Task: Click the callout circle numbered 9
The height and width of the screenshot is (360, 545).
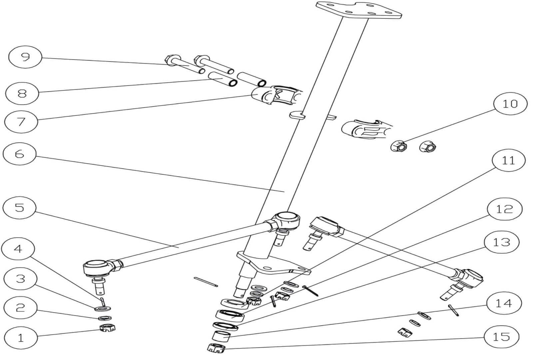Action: point(25,58)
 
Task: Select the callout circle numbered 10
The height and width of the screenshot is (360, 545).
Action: point(510,104)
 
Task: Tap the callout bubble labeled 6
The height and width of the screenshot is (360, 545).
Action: point(19,154)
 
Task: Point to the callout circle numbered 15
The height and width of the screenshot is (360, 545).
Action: point(501,337)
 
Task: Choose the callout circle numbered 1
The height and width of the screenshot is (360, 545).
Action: point(21,338)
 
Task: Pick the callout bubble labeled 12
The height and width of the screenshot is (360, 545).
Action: point(504,209)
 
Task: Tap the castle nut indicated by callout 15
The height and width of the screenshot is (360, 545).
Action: point(216,348)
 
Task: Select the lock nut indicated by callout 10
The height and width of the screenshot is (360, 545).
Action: point(399,146)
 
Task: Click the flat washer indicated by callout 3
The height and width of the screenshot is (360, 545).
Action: point(102,308)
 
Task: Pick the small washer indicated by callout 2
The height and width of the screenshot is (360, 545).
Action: point(106,318)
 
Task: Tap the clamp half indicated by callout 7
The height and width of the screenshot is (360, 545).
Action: point(263,95)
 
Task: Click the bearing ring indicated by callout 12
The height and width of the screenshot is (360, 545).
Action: point(230,315)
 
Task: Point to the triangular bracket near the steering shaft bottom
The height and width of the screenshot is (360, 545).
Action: point(273,265)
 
